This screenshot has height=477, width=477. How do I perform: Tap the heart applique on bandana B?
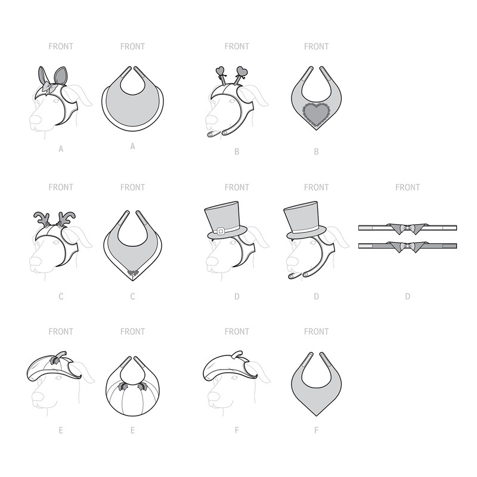[317, 112]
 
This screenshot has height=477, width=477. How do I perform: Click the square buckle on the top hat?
[220, 230]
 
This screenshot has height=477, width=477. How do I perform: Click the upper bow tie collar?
[407, 227]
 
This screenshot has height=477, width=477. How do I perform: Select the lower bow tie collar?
[407, 245]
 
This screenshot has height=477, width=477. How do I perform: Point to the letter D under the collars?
[408, 296]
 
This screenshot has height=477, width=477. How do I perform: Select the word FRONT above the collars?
[408, 187]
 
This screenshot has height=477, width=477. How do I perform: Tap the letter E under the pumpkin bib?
[132, 430]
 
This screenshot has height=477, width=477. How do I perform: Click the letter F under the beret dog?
[237, 430]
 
